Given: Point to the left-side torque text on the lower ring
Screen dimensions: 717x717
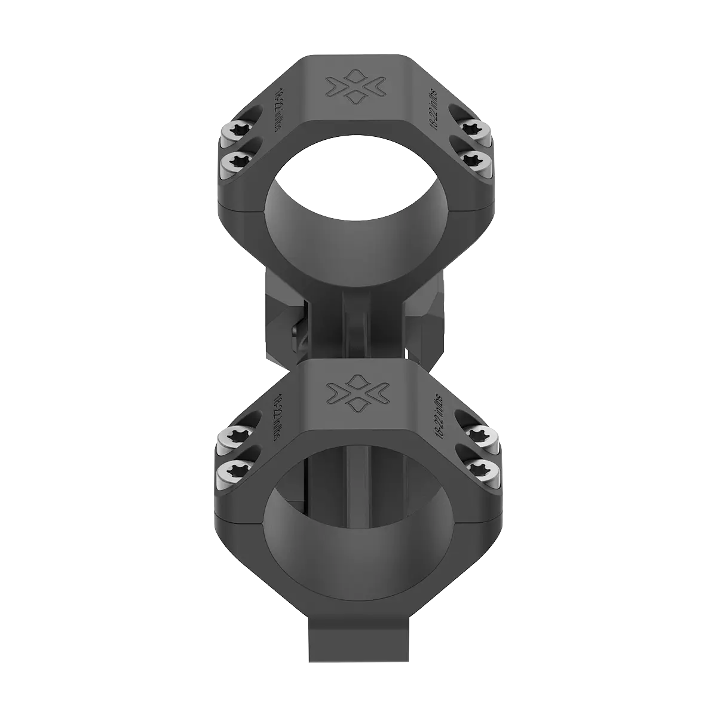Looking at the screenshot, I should (x=274, y=412).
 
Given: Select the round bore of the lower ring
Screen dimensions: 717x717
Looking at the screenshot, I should (x=357, y=526).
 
